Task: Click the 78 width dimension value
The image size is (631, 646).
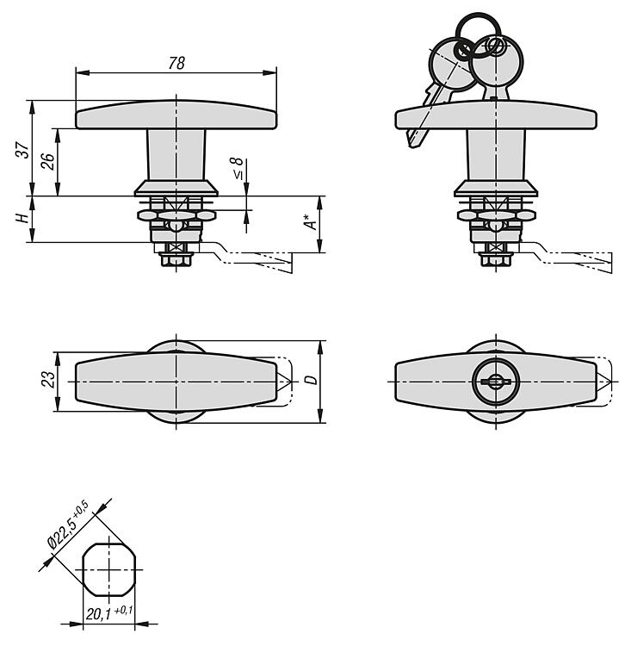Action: coord(176,63)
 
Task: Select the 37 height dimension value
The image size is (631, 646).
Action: coord(23,150)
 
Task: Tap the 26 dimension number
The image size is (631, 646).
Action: coord(47,161)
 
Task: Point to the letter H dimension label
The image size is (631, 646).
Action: coord(22,219)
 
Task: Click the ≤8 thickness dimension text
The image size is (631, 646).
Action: coord(238,169)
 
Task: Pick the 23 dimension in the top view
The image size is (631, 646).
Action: coord(48,379)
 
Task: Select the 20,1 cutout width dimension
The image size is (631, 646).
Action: coord(99,614)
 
